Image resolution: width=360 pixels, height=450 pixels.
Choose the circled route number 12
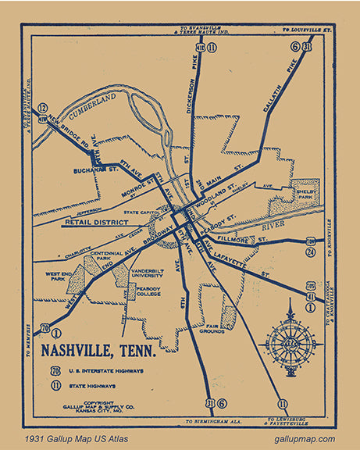[42, 109]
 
